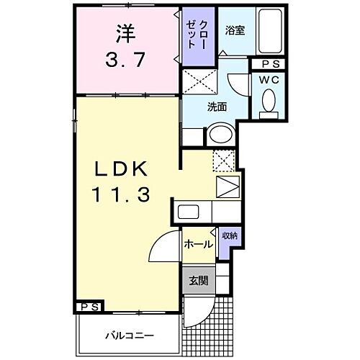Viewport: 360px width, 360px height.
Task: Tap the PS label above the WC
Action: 269,63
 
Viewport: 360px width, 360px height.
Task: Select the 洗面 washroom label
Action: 217,107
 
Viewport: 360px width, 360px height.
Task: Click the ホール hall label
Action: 197,244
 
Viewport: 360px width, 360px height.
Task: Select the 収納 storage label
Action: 229,235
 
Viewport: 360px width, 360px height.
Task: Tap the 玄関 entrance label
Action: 198,281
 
